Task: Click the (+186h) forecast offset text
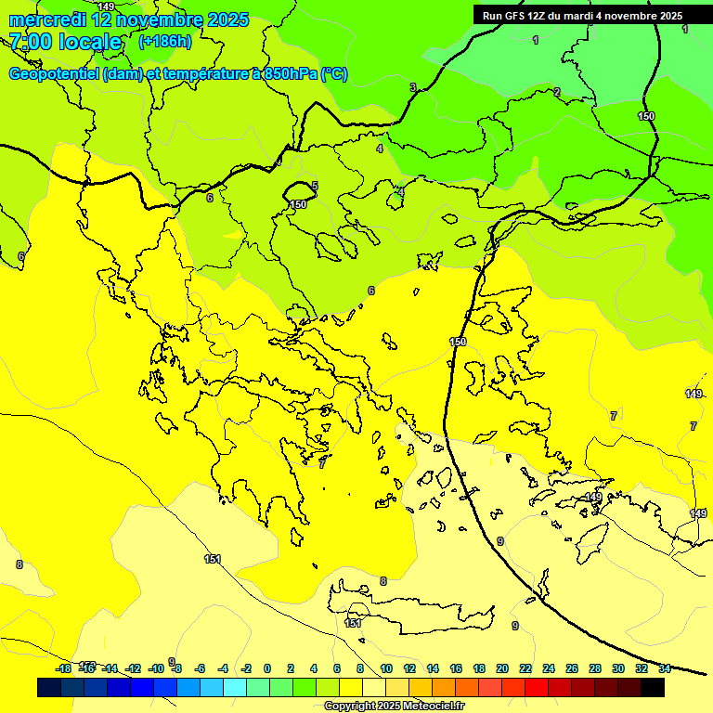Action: click(164, 41)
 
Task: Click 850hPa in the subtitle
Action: click(289, 74)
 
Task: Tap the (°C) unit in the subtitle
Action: click(333, 74)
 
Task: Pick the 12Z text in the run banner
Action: click(538, 16)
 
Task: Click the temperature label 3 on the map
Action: click(412, 88)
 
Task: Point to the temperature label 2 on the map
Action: click(557, 92)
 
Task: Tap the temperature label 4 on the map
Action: click(379, 149)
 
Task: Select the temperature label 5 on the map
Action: click(315, 187)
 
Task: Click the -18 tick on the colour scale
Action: click(63, 668)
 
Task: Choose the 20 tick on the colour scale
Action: click(502, 668)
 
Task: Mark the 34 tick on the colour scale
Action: click(665, 668)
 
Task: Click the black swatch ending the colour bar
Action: click(653, 687)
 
